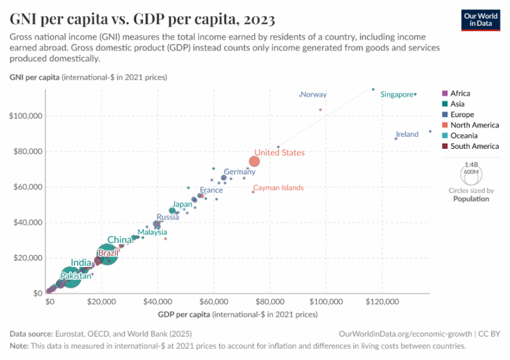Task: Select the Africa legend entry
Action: pos(460,94)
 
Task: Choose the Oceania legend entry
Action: pos(463,135)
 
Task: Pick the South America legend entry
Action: pos(473,146)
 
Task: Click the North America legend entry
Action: pos(474,125)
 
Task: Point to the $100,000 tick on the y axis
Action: pos(26,116)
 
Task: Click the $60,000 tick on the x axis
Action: pos(213,302)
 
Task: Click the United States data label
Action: pos(280,153)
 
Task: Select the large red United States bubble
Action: pos(254,161)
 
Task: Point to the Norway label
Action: pos(313,95)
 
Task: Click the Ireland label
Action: pos(407,134)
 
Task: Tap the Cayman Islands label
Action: pos(278,188)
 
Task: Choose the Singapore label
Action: pos(396,95)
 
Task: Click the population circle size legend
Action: pos(471,173)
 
